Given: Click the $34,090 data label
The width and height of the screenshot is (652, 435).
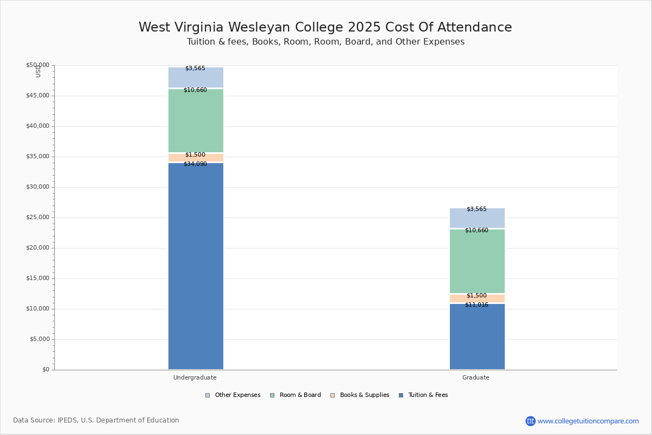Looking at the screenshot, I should [195, 164].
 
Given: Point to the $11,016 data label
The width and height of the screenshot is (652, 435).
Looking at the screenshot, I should [477, 304].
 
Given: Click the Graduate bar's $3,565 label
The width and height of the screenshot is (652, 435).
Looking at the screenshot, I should [477, 209].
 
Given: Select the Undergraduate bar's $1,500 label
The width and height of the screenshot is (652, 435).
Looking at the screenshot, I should [195, 154].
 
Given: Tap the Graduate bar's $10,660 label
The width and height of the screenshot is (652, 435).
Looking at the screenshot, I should [477, 230].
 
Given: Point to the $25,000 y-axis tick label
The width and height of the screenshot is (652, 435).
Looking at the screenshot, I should [37, 217].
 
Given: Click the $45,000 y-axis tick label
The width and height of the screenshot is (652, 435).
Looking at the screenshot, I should [37, 96].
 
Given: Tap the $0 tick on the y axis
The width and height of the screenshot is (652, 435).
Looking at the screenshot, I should [46, 370].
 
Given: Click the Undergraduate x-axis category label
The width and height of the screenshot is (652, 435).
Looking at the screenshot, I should [195, 377].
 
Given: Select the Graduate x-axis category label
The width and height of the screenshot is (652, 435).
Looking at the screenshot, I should [476, 377].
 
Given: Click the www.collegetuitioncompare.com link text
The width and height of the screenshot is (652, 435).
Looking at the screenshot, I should [588, 421].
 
